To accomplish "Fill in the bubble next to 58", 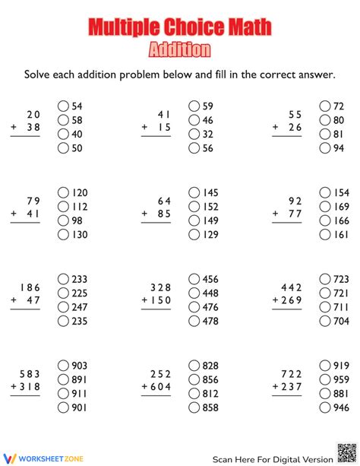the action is click(62, 120).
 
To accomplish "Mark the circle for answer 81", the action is click(326, 134).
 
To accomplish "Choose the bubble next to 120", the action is click(62, 192).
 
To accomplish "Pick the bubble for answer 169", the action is click(326, 206).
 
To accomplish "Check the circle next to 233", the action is click(62, 278).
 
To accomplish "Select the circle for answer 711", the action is click(326, 307).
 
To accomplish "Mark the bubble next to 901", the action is click(62, 408).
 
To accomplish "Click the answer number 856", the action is click(210, 379).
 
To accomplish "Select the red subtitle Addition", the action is click(180, 50).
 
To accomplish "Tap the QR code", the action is click(346, 452).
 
